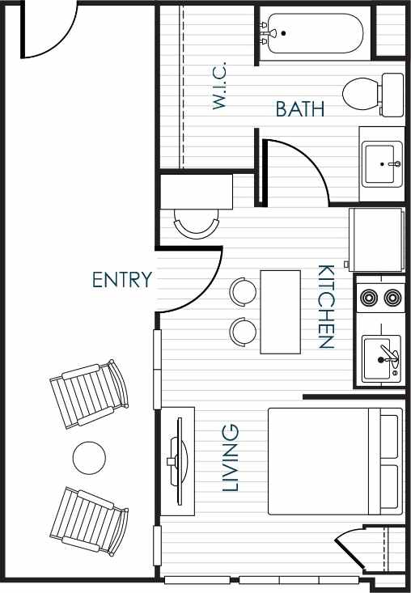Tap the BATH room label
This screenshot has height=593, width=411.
coord(300,109)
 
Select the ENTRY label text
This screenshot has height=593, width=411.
coord(122,280)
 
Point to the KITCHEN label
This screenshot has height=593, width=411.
coord(325,307)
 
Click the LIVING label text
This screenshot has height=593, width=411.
coord(231,457)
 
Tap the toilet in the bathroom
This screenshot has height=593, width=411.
coord(371,93)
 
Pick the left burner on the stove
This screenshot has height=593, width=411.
coord(369,298)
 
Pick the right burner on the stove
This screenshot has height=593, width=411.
coord(393,298)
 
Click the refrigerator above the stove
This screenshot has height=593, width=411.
coord(375,239)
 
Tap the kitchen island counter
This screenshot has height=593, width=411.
coord(280,311)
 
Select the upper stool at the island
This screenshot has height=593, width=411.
coord(243,290)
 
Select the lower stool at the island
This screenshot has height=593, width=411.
coord(243,330)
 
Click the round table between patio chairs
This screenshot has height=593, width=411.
coord(89,459)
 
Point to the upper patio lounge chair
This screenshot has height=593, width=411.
coord(89,394)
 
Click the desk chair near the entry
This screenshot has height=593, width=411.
coord(197,222)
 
